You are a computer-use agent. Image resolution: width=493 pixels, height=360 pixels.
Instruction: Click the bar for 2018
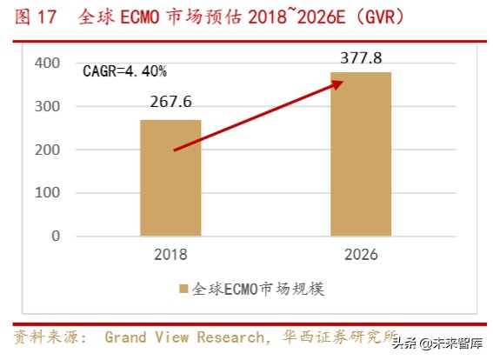coord(170,177)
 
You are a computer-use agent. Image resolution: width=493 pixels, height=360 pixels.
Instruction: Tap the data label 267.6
coord(170,102)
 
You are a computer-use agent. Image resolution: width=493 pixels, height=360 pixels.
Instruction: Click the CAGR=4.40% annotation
coord(125,71)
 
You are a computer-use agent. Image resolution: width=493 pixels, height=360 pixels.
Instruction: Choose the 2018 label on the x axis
coord(170,255)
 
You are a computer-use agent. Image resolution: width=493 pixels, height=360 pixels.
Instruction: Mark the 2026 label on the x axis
coord(361,255)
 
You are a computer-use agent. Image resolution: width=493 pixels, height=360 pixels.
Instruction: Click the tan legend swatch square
coord(183,289)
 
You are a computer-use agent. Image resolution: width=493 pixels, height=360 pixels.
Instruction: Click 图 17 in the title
coord(34,17)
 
